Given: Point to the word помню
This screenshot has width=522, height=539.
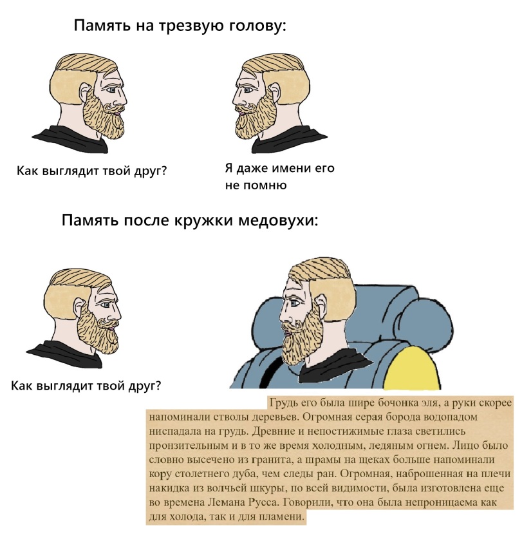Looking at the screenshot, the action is [x=265, y=185].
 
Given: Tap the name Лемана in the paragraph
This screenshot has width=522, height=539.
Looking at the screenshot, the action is [x=227, y=502].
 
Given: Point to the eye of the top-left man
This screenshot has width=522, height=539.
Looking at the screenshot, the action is [x=111, y=90].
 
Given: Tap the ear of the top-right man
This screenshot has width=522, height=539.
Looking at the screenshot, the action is [x=274, y=91].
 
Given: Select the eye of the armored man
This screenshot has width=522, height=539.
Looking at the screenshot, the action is [x=294, y=303].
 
